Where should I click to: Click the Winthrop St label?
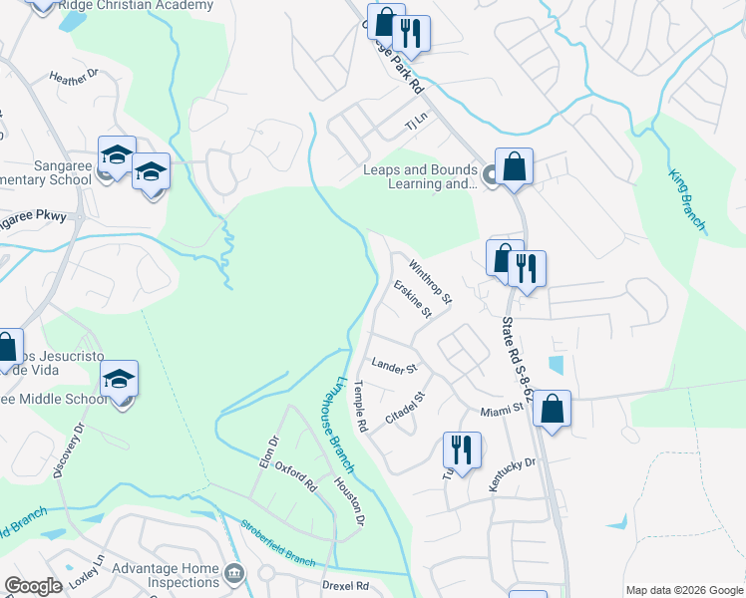pos(431,282)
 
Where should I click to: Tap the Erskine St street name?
pos(412,299)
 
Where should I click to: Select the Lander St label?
pos(393,367)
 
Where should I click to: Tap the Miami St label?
pos(502,409)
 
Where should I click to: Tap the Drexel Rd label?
pos(345,585)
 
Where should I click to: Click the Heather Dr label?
pos(75,76)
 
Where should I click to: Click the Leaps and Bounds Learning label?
pos(420,176)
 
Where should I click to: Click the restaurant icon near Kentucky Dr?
pos(462,449)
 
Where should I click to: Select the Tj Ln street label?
pos(415,124)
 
